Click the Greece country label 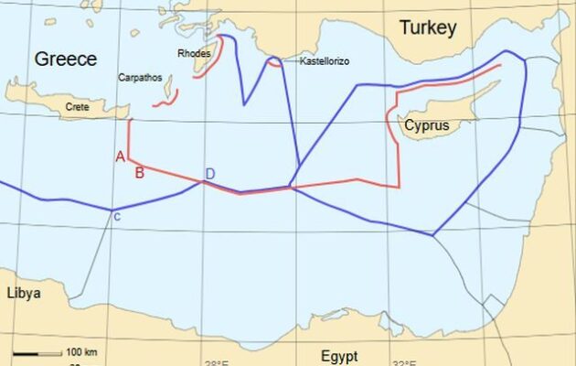pyautogui.click(x=65, y=59)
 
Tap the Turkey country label pyautogui.click(x=427, y=28)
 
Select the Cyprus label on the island pyautogui.click(x=429, y=124)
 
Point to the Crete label pyautogui.click(x=78, y=107)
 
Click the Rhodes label pyautogui.click(x=194, y=54)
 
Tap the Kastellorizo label pyautogui.click(x=324, y=61)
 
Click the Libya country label pyautogui.click(x=24, y=294)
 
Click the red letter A pyautogui.click(x=120, y=156)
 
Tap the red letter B pyautogui.click(x=139, y=171)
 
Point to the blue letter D pyautogui.click(x=209, y=174)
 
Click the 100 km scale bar pyautogui.click(x=38, y=352)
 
